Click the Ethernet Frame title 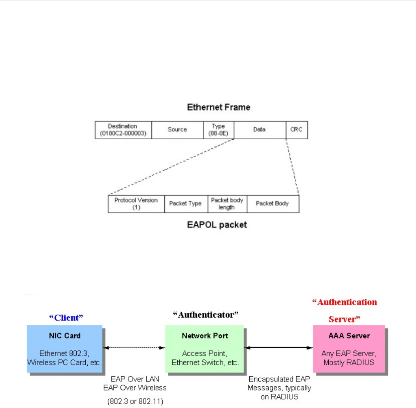(x=218, y=107)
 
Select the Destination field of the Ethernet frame (x=123, y=130)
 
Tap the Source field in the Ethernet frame (x=177, y=130)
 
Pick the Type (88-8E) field (x=218, y=130)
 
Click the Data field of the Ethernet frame (x=260, y=130)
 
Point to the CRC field (x=296, y=130)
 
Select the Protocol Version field (x=136, y=203)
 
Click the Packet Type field (x=185, y=203)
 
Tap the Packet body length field (x=227, y=203)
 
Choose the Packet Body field (x=273, y=203)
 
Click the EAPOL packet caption (x=217, y=225)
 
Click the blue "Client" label (x=66, y=317)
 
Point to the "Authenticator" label (x=206, y=315)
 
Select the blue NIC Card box (x=64, y=348)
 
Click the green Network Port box (x=205, y=348)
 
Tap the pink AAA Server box (x=349, y=348)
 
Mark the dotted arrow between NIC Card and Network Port (x=134, y=348)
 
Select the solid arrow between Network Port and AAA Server (x=279, y=348)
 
